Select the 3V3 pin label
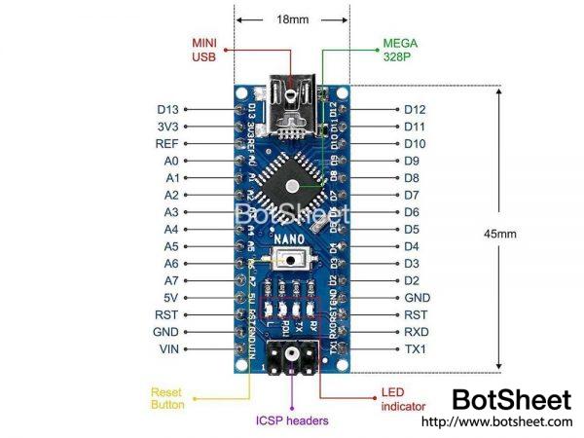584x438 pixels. (166, 127)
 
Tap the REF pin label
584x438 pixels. (166, 143)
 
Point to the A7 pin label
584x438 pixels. (171, 280)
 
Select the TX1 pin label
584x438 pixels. (418, 348)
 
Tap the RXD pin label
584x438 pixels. (418, 332)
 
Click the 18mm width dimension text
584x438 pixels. (292, 18)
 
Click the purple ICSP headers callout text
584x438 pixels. (292, 420)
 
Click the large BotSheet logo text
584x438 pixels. (512, 399)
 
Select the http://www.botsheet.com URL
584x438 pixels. (496, 421)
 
